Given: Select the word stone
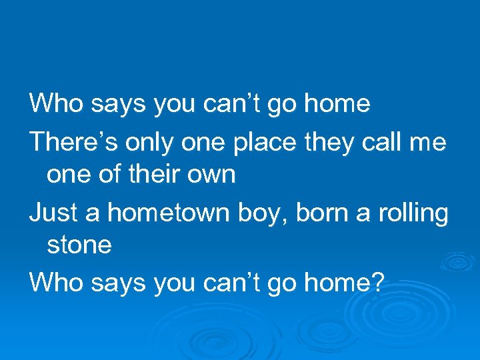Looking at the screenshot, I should coord(79,245).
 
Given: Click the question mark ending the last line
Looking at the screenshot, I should coord(378,283).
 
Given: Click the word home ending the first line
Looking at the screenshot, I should coord(338,103).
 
